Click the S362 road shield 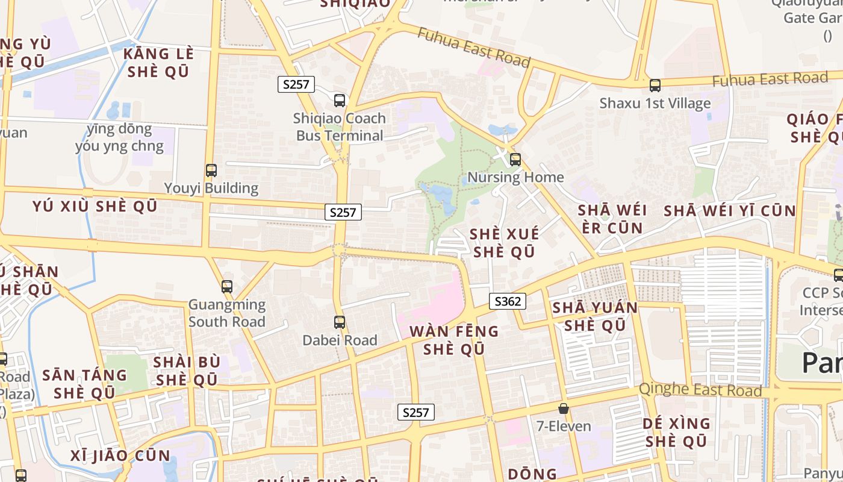click(x=507, y=301)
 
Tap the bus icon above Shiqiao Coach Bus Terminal click(x=340, y=101)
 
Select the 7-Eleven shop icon click(x=564, y=408)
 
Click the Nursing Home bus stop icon click(x=515, y=160)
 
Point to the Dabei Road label click(x=340, y=340)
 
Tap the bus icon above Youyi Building click(x=211, y=171)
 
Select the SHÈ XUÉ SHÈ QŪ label click(x=505, y=243)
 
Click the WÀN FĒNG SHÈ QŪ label click(x=454, y=340)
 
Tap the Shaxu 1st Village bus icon click(x=655, y=86)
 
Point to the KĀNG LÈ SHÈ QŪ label click(x=158, y=63)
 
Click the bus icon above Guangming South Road click(x=227, y=287)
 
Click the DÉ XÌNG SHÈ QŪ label click(x=676, y=432)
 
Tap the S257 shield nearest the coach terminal click(x=296, y=84)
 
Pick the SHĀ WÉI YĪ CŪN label click(x=730, y=211)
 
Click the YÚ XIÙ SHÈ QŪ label click(x=95, y=206)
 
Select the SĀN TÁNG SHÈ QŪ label click(x=84, y=384)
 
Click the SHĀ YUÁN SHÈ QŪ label click(x=595, y=316)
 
